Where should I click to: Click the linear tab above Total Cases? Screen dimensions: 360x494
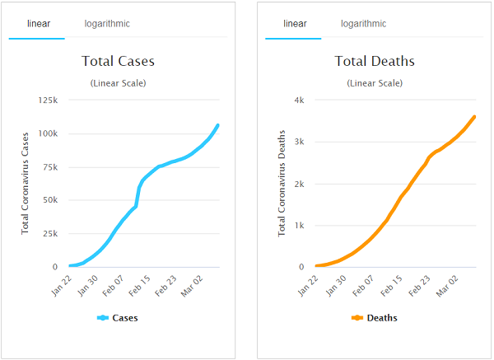click(37, 24)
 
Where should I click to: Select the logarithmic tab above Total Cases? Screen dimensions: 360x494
click(107, 24)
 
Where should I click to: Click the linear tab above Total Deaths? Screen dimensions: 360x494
click(295, 24)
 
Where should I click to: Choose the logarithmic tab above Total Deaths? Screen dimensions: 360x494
click(364, 24)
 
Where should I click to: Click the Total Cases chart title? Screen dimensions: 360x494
click(118, 61)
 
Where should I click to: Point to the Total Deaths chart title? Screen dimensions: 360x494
click(375, 61)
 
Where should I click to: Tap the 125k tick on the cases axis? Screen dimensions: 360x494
click(46, 100)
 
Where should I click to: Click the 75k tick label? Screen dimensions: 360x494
click(49, 166)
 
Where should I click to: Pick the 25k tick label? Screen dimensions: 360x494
click(49, 233)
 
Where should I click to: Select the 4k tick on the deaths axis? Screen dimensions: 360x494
click(300, 100)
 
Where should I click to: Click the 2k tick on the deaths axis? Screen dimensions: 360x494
click(300, 183)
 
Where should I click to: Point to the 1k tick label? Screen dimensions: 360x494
click(300, 225)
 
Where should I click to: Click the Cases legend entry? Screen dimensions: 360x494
click(119, 318)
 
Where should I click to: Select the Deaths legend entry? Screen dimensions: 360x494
click(375, 318)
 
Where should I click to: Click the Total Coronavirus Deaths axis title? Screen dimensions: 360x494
click(282, 182)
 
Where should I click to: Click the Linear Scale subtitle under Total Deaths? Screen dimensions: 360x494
click(375, 83)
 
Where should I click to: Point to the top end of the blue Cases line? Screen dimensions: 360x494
click(217, 125)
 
